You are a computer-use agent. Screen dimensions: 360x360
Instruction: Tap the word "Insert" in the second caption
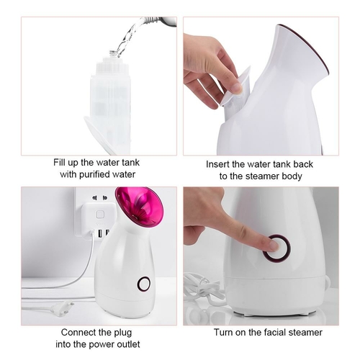[x=217, y=164]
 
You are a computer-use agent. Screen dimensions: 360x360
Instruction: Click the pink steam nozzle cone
[x=139, y=207]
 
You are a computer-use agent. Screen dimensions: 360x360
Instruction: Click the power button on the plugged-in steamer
[x=143, y=283]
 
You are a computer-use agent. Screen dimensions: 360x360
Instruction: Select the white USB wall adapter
[x=98, y=219]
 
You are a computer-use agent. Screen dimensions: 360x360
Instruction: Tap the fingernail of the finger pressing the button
[x=274, y=245]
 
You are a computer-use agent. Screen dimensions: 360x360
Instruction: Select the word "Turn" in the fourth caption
[x=223, y=333]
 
